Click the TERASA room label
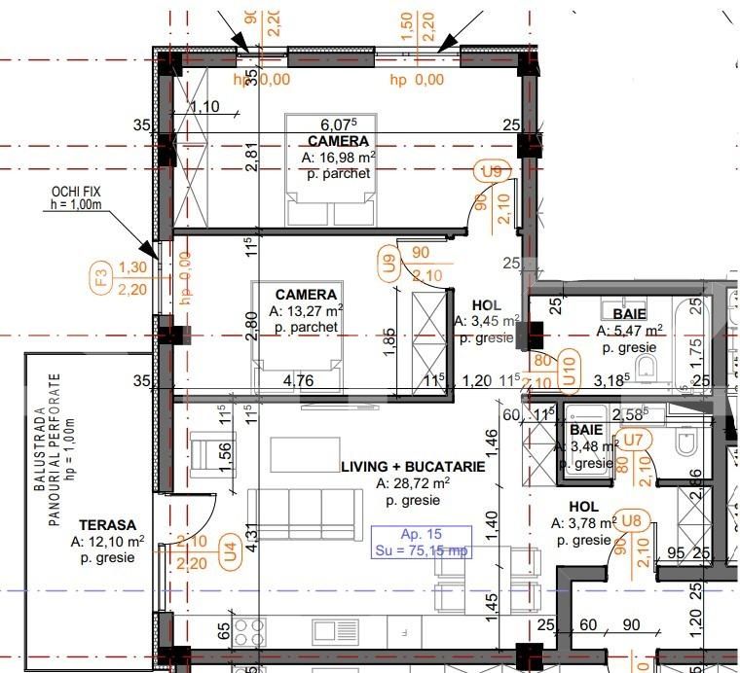[108, 524]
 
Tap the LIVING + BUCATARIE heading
[412, 467]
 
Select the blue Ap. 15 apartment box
[422, 542]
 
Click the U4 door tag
[230, 549]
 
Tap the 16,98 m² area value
[338, 158]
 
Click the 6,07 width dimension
[339, 124]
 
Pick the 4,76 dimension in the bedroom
[298, 380]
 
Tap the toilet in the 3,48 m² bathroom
[686, 444]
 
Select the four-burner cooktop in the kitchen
[246, 629]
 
